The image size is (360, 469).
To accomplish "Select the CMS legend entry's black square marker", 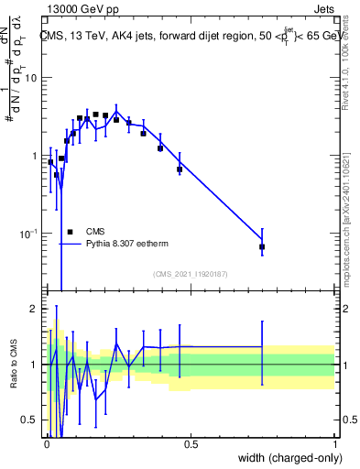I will pos(70,232).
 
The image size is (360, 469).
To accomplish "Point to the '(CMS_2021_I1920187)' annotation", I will pos(190,273).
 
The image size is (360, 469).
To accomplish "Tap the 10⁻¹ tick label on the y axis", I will pos(28,234).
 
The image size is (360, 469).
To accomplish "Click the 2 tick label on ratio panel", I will pos(34,309).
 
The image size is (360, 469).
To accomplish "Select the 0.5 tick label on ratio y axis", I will pos(29,420).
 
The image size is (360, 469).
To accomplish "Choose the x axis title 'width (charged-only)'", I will pos(287,458).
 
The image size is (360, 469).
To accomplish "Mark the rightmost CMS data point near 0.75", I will pos(262,246).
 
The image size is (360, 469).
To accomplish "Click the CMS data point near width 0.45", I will pos(180,169).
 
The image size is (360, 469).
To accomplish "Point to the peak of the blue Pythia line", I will pos(116,111).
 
